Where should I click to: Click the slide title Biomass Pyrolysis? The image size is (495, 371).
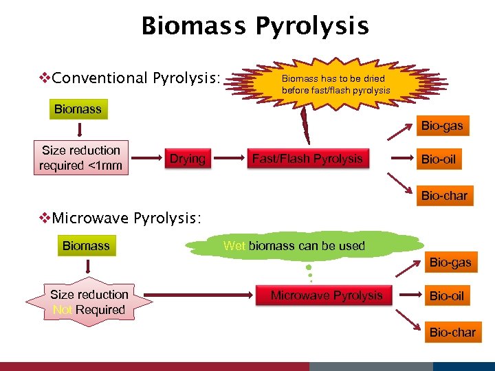pos(255,26)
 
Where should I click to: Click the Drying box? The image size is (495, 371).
pos(188,159)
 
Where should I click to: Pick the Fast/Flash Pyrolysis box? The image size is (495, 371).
pos(307,159)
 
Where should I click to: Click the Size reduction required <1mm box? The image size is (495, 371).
pos(81,158)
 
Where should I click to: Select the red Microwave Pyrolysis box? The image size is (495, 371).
pos(326,295)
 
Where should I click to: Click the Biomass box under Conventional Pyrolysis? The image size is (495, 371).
pos(78,109)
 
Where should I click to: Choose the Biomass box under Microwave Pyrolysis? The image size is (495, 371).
pos(86,245)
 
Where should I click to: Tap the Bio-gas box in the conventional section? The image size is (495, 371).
pos(442,126)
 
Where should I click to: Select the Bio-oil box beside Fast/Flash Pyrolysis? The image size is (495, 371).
pos(438,159)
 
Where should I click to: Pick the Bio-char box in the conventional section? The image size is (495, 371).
pos(444,196)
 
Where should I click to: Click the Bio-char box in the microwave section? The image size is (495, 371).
pos(452,333)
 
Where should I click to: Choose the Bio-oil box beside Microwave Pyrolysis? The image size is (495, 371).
pos(447,296)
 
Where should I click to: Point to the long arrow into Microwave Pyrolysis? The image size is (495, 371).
pos(199,295)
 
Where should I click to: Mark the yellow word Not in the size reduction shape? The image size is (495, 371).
pos(63,310)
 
